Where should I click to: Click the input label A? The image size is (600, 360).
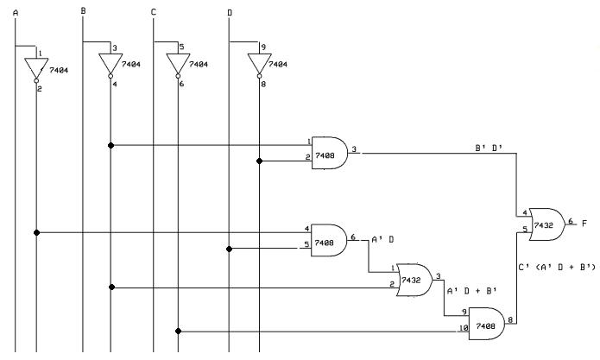[16, 13]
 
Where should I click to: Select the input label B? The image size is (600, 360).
[83, 11]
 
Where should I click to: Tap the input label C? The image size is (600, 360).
[154, 12]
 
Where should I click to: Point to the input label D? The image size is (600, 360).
[230, 13]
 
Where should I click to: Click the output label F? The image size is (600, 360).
[584, 223]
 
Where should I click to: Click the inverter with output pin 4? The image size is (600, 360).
[111, 65]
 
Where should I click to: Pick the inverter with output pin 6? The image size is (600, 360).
[178, 65]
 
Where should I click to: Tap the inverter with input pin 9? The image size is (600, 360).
[259, 64]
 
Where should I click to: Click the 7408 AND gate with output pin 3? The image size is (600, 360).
[330, 153]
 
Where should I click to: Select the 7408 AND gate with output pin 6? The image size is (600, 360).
[329, 240]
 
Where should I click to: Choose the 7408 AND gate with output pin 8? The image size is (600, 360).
[487, 324]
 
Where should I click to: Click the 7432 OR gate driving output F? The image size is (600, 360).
[547, 224]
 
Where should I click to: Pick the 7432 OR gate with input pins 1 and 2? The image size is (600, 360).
[414, 280]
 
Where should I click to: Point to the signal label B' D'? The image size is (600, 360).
[489, 148]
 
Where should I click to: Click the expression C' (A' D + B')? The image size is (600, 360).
[557, 267]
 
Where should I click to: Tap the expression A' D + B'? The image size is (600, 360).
[472, 291]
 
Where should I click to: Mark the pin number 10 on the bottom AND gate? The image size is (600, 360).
[464, 328]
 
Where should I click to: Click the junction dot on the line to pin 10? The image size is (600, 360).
[178, 331]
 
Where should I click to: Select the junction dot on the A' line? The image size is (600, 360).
[37, 232]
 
